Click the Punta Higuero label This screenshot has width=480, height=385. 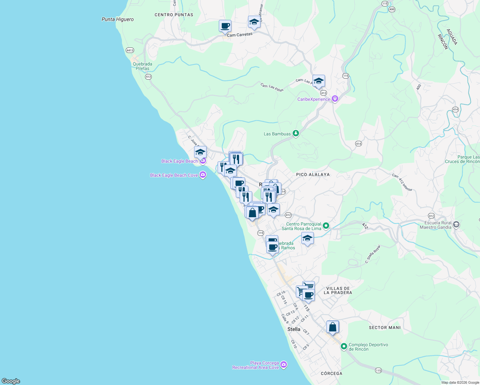(x=117, y=19)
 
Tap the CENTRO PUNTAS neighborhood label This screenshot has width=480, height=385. (x=174, y=15)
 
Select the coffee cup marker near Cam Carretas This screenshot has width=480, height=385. (x=225, y=26)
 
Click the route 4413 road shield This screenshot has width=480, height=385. (x=130, y=50)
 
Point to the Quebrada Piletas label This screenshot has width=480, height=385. (x=142, y=66)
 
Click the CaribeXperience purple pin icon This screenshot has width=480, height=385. (x=335, y=99)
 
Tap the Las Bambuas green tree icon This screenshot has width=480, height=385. (x=296, y=133)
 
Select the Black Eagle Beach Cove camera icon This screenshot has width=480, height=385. (x=202, y=175)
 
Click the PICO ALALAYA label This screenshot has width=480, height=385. (x=313, y=175)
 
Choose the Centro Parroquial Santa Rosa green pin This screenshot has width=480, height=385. (x=326, y=226)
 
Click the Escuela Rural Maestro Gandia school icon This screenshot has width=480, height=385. (x=456, y=225)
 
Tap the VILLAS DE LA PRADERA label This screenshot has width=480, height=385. (x=338, y=290)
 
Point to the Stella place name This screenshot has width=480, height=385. (x=294, y=329)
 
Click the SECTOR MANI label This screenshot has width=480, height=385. (x=385, y=328)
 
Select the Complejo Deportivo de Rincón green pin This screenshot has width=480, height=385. (x=344, y=346)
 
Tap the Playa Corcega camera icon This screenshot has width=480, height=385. (x=283, y=365)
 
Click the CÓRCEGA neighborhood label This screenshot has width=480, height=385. (x=331, y=373)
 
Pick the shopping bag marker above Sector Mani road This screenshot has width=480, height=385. (x=333, y=327)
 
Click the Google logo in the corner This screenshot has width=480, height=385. (x=11, y=381)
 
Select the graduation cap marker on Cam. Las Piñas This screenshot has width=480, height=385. (x=319, y=81)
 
